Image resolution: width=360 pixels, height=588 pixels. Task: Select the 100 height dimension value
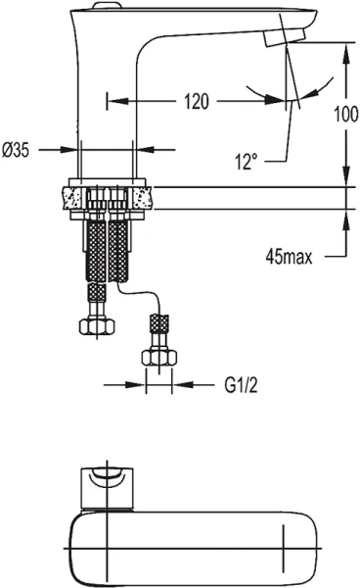343,114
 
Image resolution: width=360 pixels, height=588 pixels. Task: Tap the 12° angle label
250,161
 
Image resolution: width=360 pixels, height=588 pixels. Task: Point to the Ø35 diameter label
21,149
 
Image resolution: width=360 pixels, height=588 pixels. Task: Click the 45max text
290,258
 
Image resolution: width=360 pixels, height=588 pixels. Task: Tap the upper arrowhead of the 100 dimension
343,49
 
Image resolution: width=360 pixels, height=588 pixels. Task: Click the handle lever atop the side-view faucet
98,8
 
